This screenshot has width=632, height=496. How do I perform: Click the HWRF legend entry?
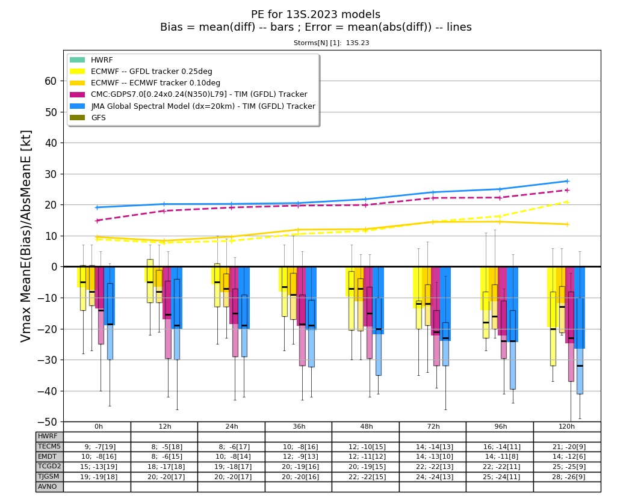tap(91, 60)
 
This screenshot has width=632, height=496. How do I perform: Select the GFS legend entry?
tap(88, 118)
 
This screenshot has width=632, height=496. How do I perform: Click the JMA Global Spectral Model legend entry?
tap(193, 106)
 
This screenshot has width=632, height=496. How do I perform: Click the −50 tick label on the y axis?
tap(47, 422)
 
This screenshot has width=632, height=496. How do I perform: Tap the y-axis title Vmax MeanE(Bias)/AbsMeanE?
tap(26, 236)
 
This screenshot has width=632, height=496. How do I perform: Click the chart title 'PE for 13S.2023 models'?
tap(315, 14)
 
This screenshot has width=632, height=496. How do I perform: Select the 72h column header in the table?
tap(433, 426)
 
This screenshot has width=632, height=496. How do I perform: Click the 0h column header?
tap(99, 426)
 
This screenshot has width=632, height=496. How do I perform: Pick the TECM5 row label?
tap(49, 446)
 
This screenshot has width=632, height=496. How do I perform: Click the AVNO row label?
tap(48, 486)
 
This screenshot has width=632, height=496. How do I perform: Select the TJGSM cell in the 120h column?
tap(567, 477)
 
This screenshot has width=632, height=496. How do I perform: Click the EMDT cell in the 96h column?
tap(501, 456)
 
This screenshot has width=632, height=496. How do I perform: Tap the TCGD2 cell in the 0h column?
tap(99, 467)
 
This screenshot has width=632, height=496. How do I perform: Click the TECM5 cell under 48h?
tap(367, 447)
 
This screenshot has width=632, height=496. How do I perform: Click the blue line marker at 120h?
tap(567, 181)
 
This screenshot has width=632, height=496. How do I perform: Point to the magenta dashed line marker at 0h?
tap(97, 221)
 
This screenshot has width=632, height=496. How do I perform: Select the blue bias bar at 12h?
tap(176, 298)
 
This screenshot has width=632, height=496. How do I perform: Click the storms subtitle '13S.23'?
tap(358, 43)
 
